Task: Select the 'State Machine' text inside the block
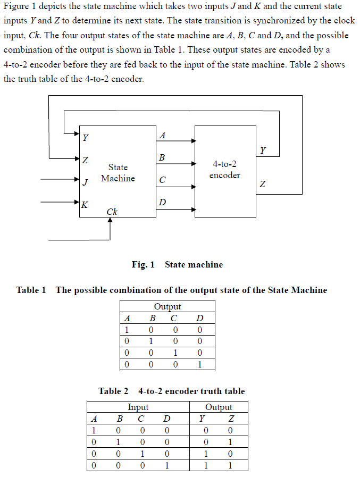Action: (118, 173)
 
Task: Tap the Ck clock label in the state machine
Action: (112, 212)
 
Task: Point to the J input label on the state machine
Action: (85, 182)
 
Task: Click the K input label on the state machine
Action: (85, 204)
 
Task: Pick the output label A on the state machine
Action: (162, 136)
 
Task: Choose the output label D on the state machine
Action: (162, 203)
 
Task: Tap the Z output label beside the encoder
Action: (263, 185)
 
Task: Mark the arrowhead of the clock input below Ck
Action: (110, 222)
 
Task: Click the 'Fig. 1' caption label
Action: (143, 264)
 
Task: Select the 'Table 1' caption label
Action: (31, 290)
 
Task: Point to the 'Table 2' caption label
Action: (113, 391)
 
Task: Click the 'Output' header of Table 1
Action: (168, 306)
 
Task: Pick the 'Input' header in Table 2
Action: (138, 407)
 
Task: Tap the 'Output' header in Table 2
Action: (219, 407)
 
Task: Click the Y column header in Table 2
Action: (202, 419)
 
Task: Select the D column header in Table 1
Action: (199, 318)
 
